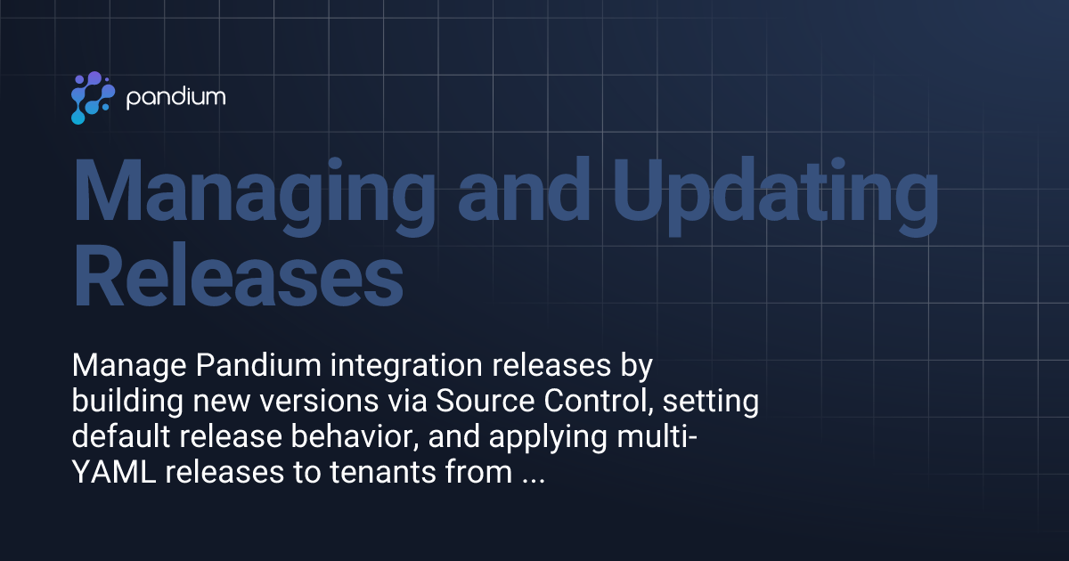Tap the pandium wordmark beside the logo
[x=175, y=98]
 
